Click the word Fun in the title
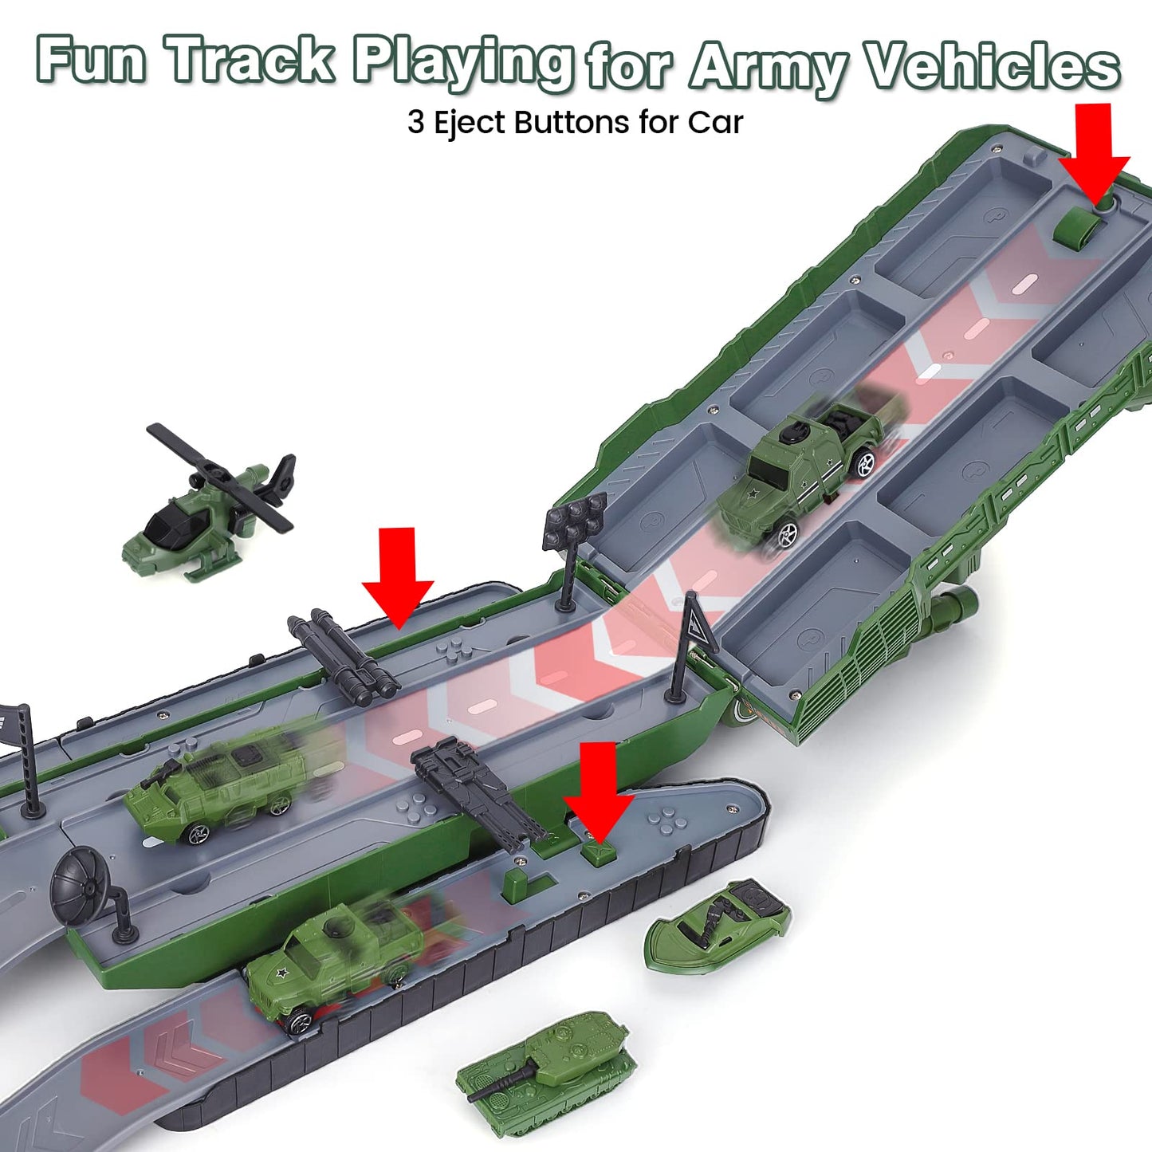(x=92, y=60)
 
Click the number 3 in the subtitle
(x=416, y=123)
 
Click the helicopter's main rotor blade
(x=219, y=478)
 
